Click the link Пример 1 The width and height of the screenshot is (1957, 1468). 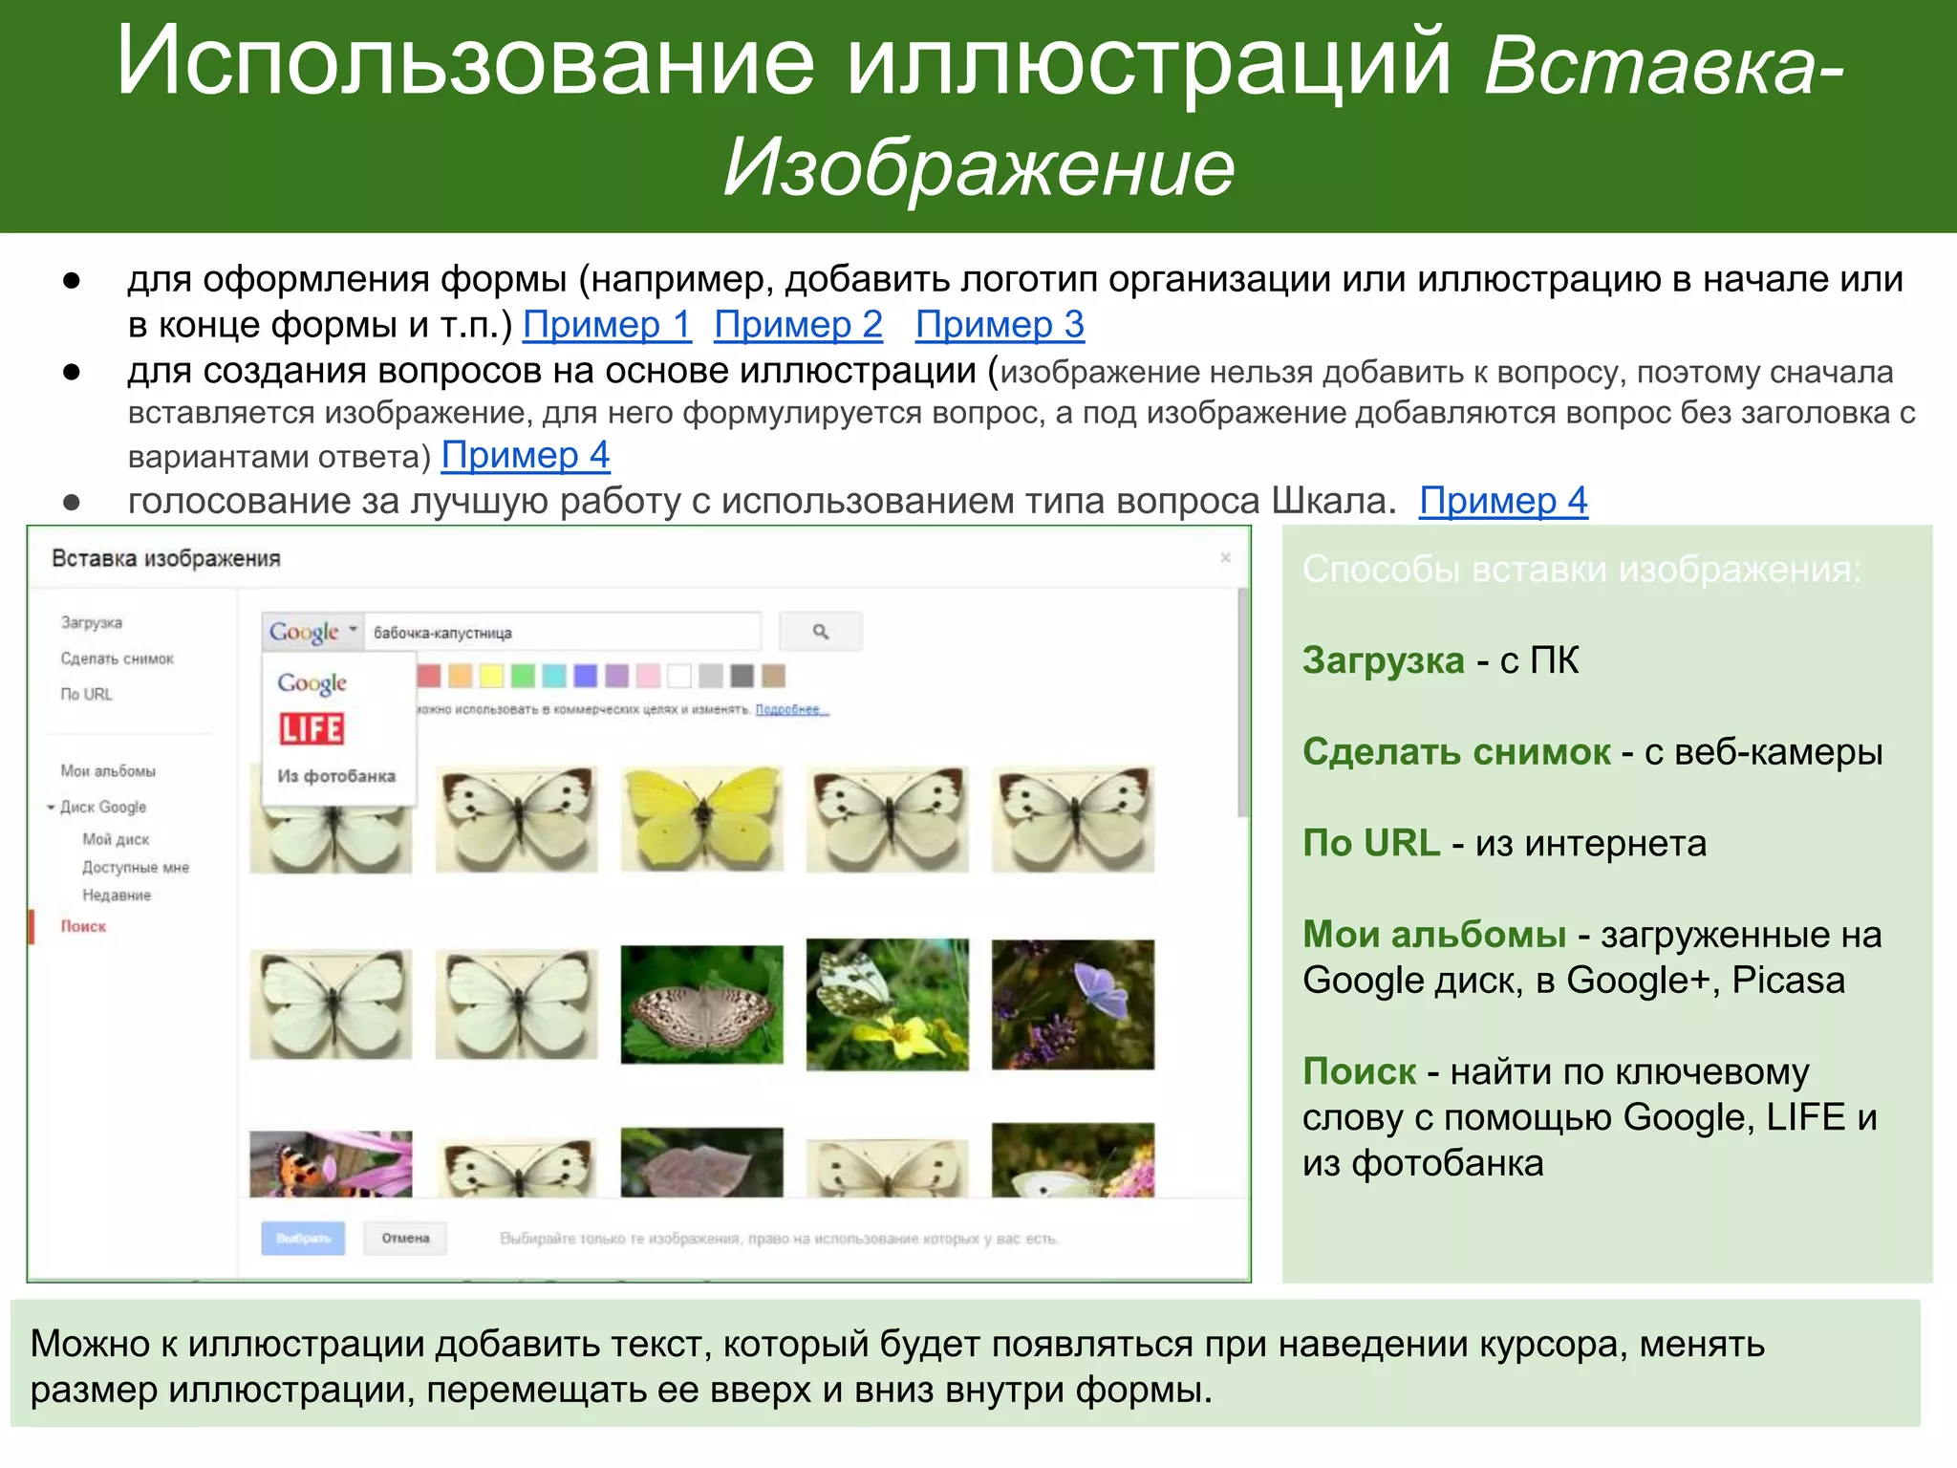(607, 325)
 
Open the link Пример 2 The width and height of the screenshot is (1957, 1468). (798, 325)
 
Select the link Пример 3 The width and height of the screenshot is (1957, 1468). (1000, 325)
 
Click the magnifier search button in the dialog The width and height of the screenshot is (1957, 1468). (820, 632)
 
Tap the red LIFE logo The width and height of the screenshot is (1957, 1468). (312, 729)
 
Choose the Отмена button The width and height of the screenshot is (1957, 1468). (405, 1238)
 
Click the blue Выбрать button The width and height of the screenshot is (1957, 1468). (303, 1238)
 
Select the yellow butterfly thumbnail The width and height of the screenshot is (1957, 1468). (701, 818)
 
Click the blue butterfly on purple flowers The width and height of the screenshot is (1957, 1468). (1072, 1004)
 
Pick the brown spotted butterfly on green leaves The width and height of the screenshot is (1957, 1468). (701, 1004)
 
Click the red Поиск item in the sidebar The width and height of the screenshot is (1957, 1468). (83, 926)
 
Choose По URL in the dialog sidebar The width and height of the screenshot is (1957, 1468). (86, 694)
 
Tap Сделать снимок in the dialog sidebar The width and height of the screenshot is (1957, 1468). (117, 658)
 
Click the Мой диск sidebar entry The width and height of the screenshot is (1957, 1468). (116, 839)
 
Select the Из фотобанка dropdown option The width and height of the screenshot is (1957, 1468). (336, 776)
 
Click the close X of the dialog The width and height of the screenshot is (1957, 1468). (1225, 557)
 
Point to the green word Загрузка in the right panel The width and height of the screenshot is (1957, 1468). (1383, 660)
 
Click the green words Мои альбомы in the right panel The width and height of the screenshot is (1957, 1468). (1433, 935)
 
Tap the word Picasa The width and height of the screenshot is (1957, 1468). (1788, 981)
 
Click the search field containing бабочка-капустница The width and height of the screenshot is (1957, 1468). (564, 632)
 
